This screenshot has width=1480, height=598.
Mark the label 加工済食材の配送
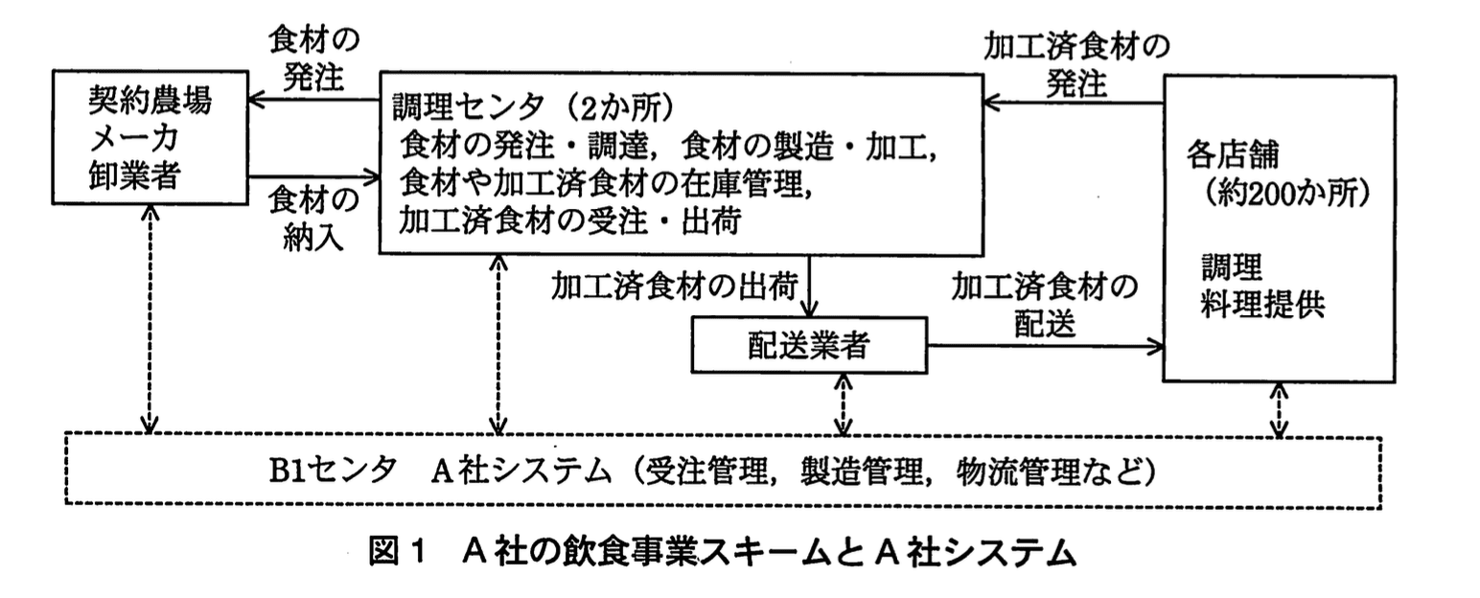(1043, 305)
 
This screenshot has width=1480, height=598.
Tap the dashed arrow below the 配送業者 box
(843, 402)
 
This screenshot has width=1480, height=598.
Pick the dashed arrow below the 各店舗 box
(1280, 409)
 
